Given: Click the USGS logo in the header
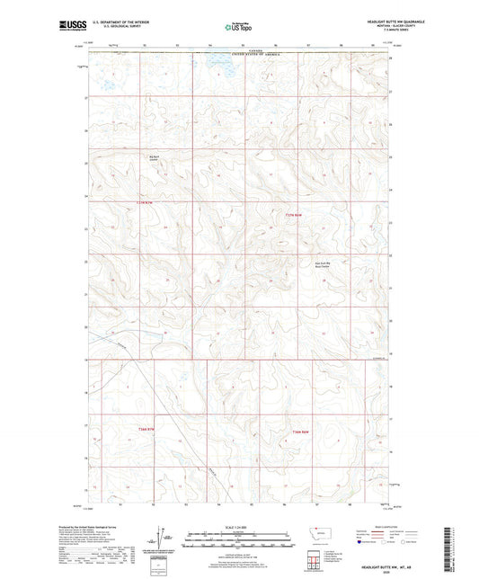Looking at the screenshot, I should pos(68,27).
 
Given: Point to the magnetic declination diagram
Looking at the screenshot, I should pos(158,539).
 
